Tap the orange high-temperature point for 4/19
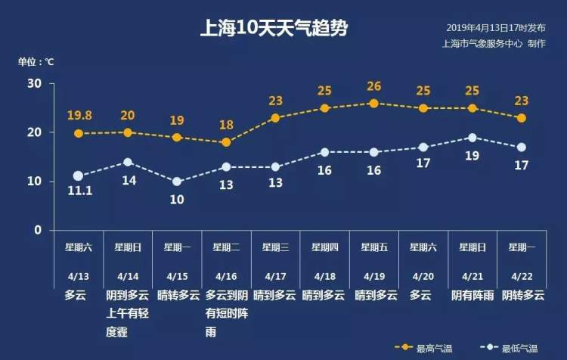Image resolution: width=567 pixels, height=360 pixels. (x=373, y=104)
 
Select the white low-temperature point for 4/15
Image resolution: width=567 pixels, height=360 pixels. (x=177, y=182)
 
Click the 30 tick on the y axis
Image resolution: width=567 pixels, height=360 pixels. (x=35, y=83)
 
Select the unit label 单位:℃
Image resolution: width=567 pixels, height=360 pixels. (x=36, y=62)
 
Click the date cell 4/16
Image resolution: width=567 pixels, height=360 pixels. (x=226, y=277)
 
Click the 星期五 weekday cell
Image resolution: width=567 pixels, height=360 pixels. (x=374, y=247)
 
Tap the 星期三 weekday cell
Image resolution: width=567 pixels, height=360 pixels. (x=275, y=247)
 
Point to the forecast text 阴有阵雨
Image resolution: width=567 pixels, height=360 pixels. (x=472, y=296)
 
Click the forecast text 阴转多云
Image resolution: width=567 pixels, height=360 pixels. (x=523, y=296)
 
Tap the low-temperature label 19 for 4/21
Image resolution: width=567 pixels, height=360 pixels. (x=472, y=156)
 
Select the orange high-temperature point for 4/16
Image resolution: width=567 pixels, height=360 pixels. (x=226, y=142)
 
